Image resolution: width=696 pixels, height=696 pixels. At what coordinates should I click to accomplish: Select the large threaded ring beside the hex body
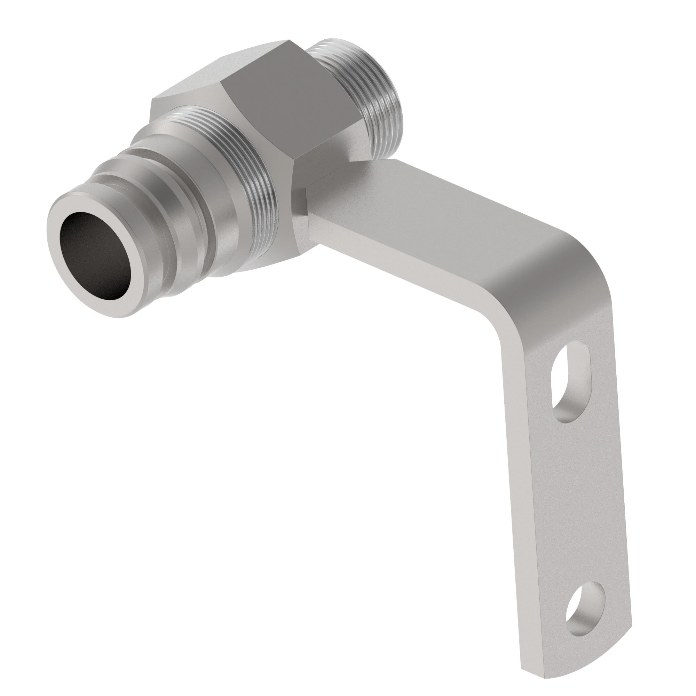coord(252,180)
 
